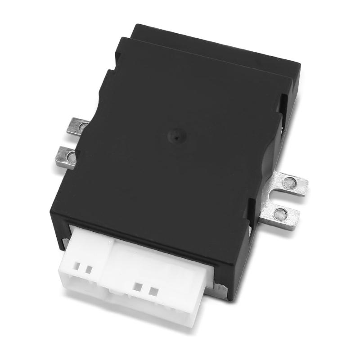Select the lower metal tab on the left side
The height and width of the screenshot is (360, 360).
[67, 156]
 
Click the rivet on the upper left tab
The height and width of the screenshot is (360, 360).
[82, 127]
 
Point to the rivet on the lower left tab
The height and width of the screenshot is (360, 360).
[71, 157]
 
